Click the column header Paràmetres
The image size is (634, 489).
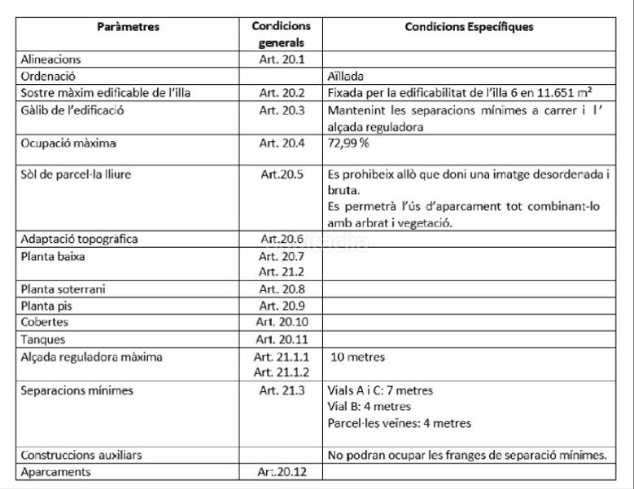coord(128,27)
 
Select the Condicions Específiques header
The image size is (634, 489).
coord(469,27)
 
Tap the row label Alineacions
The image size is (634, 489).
coord(51,59)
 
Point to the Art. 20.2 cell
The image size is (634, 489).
coord(281,93)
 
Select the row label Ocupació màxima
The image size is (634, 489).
coord(69,143)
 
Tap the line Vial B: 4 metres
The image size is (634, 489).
coord(369,406)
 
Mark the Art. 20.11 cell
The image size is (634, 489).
coord(282,340)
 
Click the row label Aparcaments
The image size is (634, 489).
coord(57,472)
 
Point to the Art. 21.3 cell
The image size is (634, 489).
coord(281,390)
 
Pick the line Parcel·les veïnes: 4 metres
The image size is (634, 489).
coord(399,423)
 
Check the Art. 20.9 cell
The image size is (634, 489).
coord(281,306)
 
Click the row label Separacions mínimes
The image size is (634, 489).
coord(77,390)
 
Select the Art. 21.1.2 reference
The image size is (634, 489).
coord(282,372)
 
